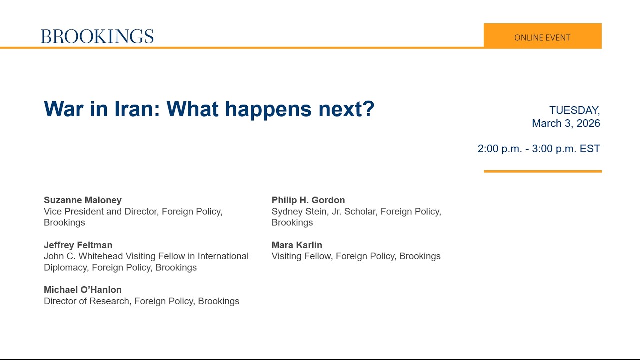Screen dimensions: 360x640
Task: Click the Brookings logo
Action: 97,36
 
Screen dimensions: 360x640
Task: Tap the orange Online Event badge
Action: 542,36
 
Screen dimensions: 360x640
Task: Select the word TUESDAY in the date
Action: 574,110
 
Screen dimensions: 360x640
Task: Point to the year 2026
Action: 588,123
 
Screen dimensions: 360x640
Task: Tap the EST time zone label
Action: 590,149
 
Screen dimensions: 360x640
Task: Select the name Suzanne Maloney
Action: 83,200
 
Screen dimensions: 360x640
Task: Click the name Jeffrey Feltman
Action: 78,245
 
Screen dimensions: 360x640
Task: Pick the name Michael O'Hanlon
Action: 83,290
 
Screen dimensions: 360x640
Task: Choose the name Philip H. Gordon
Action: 308,200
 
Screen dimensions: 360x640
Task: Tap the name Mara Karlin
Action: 297,245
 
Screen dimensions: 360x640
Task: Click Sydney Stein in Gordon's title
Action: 298,212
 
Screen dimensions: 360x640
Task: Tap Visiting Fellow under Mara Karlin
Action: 301,256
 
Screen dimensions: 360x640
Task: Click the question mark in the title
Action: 369,109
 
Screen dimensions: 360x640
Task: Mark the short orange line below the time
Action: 542,171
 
